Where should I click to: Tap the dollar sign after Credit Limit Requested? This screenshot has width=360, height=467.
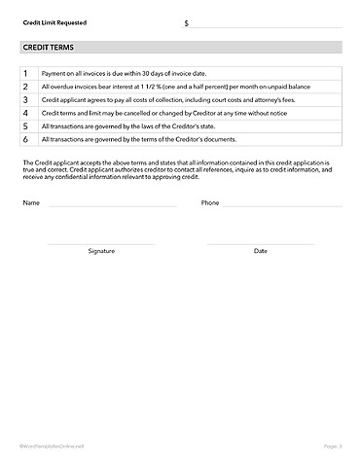(187, 22)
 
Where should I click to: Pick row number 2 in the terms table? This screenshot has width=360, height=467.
(25, 87)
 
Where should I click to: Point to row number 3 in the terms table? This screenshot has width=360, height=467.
(25, 100)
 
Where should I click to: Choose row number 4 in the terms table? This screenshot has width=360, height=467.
(25, 113)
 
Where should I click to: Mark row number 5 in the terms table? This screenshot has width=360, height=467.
(25, 126)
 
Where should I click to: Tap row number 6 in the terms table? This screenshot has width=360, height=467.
(25, 140)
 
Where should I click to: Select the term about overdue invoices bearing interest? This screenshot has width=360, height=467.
(155, 87)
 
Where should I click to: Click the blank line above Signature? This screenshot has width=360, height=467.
(101, 243)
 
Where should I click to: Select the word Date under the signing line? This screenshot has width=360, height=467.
(261, 251)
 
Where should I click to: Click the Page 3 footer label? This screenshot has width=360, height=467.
(333, 446)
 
